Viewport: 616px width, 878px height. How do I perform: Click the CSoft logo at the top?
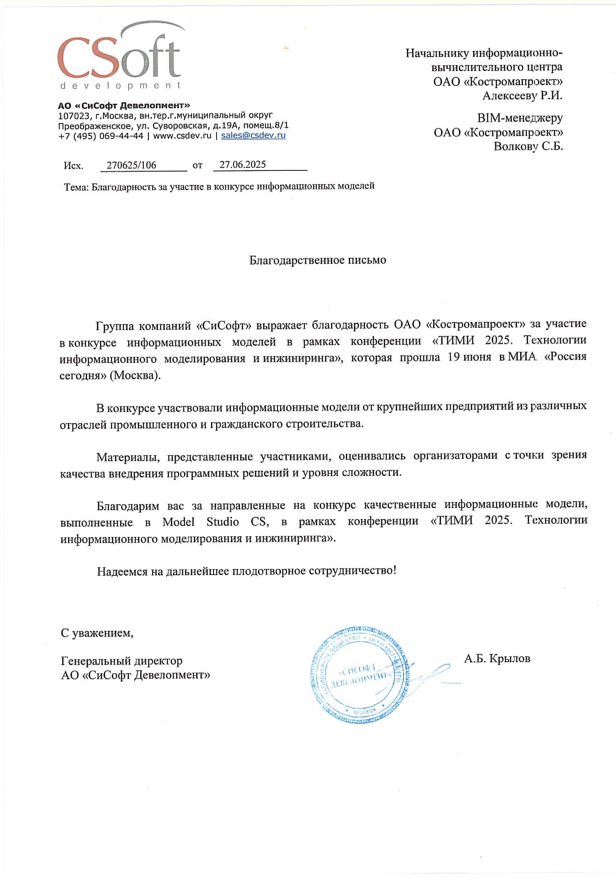click(x=119, y=55)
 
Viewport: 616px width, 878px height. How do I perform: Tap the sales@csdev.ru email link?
click(x=253, y=135)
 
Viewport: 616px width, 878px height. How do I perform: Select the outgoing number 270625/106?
click(x=131, y=165)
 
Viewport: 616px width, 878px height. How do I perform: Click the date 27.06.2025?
click(x=243, y=165)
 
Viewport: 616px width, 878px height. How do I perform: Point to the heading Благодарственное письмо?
click(x=318, y=260)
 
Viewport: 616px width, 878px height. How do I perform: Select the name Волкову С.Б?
click(x=528, y=146)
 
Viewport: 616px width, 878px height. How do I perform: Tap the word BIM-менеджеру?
click(x=520, y=118)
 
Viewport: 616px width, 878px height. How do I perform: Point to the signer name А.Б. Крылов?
click(x=497, y=659)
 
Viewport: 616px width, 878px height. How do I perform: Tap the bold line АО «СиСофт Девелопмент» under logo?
click(x=124, y=105)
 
